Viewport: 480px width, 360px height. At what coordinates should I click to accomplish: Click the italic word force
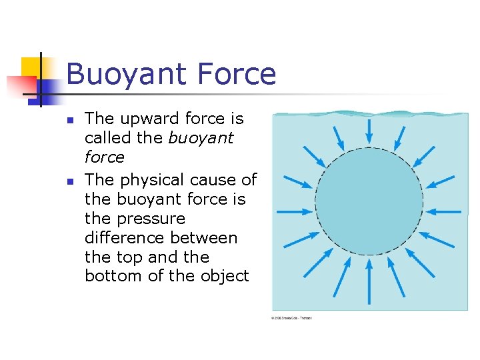pos(105,157)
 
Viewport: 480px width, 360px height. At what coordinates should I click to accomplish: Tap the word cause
pos(213,180)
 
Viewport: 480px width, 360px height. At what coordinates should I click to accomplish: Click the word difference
pos(127,238)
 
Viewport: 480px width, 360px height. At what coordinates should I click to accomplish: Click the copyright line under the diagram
pos(291,318)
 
